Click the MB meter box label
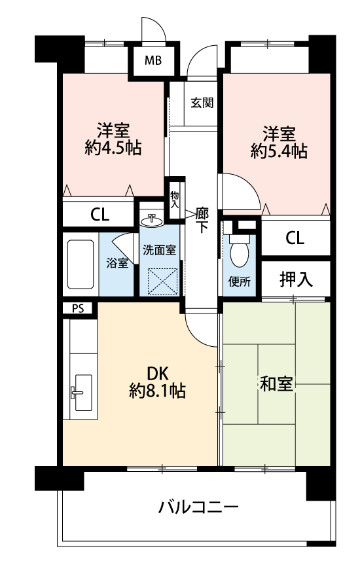[153, 60]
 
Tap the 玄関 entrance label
[202, 103]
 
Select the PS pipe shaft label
[77, 309]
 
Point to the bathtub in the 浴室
[81, 264]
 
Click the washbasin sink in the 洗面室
[151, 220]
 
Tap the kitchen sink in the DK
[83, 393]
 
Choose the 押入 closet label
[296, 279]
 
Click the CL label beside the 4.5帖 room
[99, 215]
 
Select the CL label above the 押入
[295, 238]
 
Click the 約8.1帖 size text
[158, 391]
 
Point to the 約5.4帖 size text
[279, 151]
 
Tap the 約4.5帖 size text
[113, 148]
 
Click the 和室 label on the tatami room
[276, 384]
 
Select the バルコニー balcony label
[198, 507]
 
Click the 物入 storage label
[175, 200]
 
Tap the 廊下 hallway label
[202, 220]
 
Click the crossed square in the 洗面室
[163, 281]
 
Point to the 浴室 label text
[117, 263]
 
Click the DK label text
[158, 373]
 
